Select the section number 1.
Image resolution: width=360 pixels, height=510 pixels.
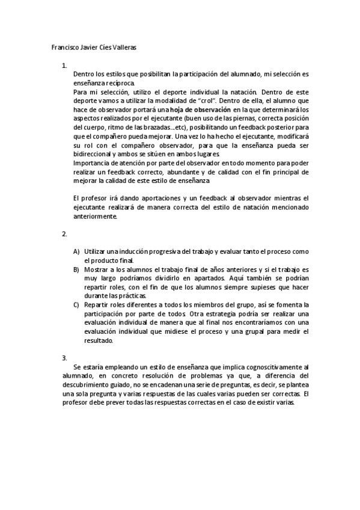pyautogui.click(x=64, y=65)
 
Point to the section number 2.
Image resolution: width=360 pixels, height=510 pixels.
pyautogui.click(x=64, y=233)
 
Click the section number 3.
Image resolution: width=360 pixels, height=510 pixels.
pyautogui.click(x=64, y=358)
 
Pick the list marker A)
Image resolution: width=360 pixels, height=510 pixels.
pyautogui.click(x=76, y=251)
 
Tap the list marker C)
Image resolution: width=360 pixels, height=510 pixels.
pyautogui.click(x=76, y=305)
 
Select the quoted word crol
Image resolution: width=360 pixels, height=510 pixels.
pyautogui.click(x=210, y=101)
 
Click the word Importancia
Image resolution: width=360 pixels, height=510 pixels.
pyautogui.click(x=92, y=163)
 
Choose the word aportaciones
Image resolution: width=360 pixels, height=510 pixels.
pyautogui.click(x=171, y=198)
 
